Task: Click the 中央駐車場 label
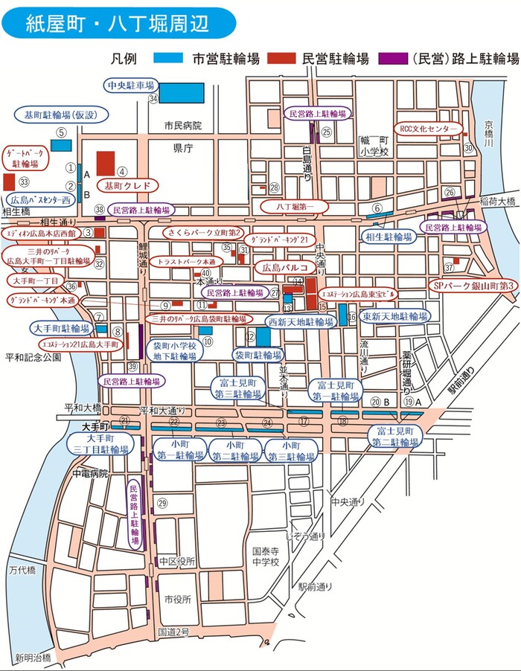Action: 131,85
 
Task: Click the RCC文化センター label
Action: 430,129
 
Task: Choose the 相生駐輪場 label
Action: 389,237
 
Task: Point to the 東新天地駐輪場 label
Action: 395,316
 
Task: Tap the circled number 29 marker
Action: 163,504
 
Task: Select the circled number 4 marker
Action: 123,170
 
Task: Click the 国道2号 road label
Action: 173,632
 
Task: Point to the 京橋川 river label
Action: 489,134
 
